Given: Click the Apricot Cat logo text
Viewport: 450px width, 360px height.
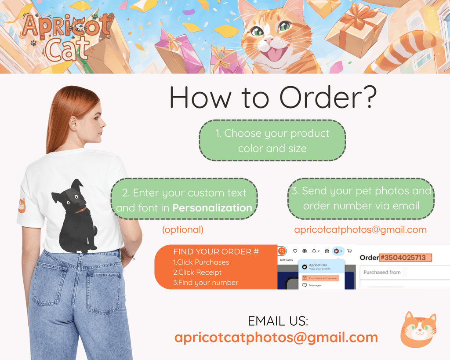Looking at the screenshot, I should coord(66,37).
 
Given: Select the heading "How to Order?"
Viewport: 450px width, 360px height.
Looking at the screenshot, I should coord(272,98).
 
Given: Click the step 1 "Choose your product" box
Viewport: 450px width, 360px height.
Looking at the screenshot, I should coord(272,141).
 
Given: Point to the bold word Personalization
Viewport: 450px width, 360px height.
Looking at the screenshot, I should coord(212,208).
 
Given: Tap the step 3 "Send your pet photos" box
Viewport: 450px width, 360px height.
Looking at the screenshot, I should coord(361,199).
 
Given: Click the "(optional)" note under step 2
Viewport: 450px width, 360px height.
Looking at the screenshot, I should coord(183,229).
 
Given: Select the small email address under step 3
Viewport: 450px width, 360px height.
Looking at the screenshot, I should coord(360,229).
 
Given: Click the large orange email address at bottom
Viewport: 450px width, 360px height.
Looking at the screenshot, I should coord(276,337).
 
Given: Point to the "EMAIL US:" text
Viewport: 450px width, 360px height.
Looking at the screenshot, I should coord(278,321).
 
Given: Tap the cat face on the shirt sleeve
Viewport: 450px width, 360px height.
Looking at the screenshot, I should coord(22,205).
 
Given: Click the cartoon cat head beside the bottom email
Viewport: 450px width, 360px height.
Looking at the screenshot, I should coord(418,330).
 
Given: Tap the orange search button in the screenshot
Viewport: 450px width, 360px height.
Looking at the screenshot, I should coord(282,251).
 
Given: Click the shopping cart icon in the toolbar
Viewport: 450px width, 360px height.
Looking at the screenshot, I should coord(349,251).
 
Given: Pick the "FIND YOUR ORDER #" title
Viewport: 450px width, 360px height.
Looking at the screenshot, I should coord(216,252).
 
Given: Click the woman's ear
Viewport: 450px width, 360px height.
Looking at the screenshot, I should coord(73,123).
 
